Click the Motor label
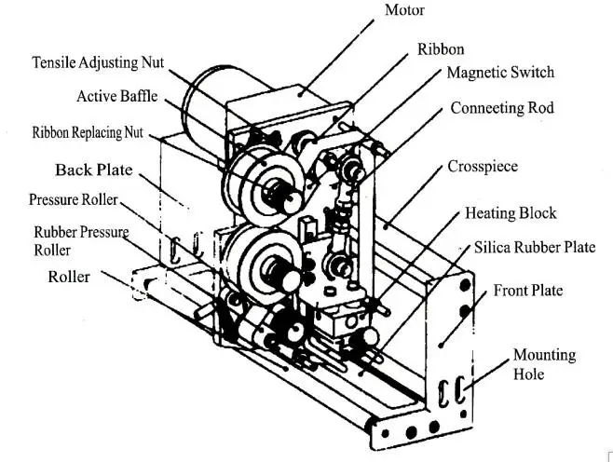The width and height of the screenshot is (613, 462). (x=404, y=9)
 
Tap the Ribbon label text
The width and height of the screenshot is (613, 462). (x=441, y=49)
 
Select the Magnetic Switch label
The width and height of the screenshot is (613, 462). (x=500, y=73)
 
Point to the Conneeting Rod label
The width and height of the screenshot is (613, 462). (x=502, y=108)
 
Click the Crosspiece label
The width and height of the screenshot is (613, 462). (x=483, y=167)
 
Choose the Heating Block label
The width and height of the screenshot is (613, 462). (x=511, y=213)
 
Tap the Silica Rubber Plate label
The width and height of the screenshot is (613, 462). (x=535, y=248)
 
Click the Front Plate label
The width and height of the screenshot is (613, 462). (x=528, y=291)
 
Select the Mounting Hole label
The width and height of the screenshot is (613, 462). (x=544, y=364)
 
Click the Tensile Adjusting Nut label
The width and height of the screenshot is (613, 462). (x=98, y=62)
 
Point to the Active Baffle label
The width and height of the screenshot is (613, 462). (x=117, y=96)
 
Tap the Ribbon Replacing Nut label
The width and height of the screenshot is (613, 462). (x=88, y=132)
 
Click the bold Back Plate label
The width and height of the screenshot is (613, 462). (x=94, y=170)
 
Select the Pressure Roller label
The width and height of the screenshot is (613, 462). (x=73, y=199)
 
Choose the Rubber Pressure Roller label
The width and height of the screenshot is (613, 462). (x=81, y=240)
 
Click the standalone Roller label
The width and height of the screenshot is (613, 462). (x=69, y=277)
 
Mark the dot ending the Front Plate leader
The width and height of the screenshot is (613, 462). (x=441, y=346)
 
